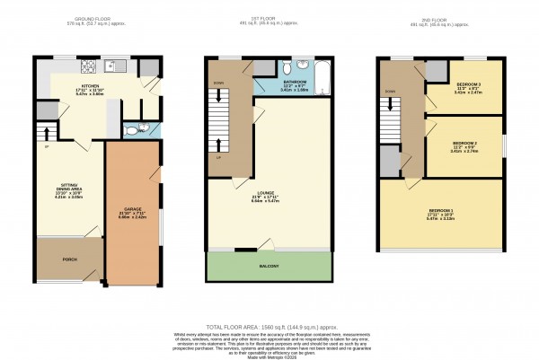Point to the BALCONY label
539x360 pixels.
click(x=269, y=267)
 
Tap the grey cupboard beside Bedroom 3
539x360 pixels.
click(x=436, y=71)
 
